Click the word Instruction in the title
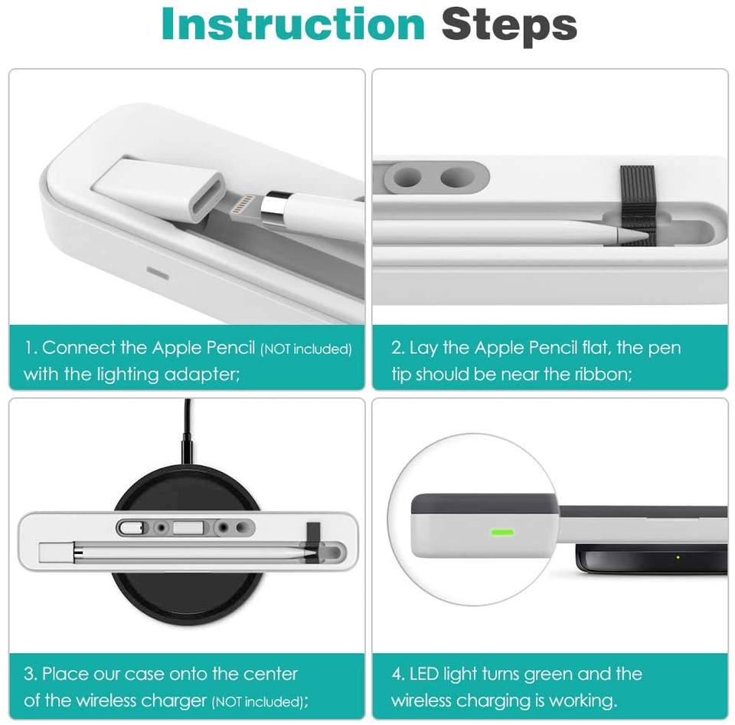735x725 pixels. pos(293,24)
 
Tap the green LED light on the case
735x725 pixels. pos(501,532)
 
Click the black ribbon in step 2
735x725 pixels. pos(637,203)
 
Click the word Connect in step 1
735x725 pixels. pos(79,348)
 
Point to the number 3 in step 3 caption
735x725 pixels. pos(30,674)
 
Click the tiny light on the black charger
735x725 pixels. pos(678,557)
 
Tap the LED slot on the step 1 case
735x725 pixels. pos(158,273)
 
